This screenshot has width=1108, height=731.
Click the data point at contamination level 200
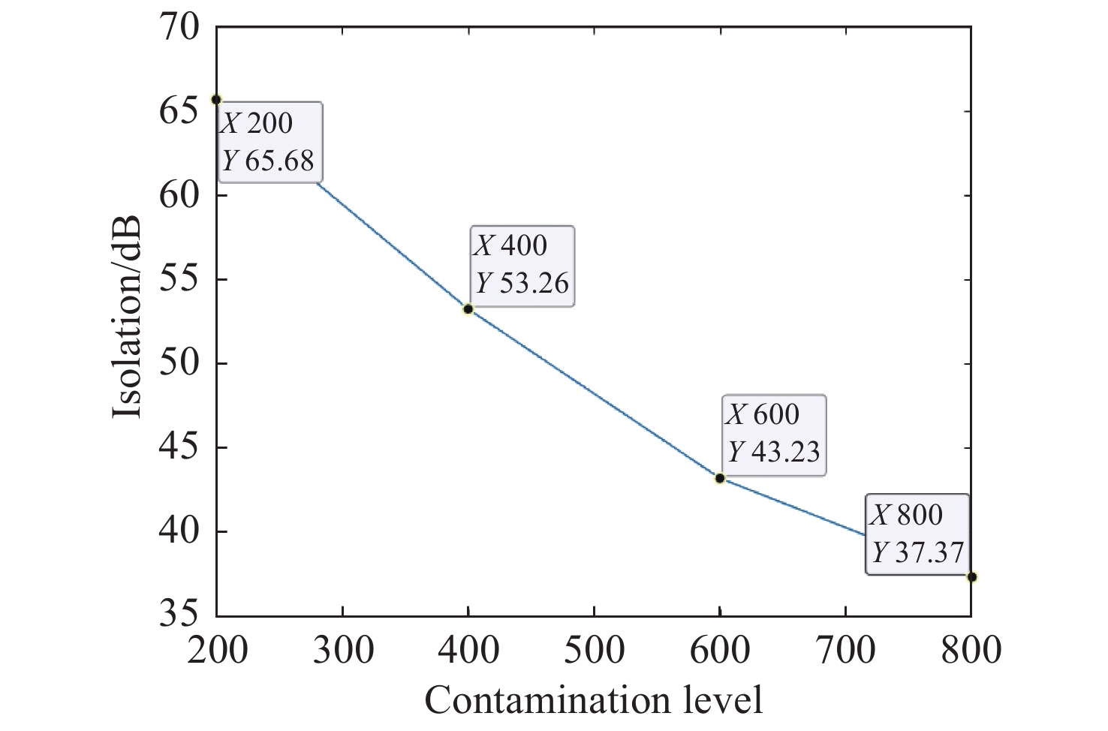(216, 99)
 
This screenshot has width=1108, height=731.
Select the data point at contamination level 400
(468, 308)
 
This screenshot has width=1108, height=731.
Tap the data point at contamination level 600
(720, 478)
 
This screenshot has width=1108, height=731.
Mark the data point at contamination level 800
(971, 576)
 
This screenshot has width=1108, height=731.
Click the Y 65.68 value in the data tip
(268, 161)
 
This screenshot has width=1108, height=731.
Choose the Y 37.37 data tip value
(917, 553)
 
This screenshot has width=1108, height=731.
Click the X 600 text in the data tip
(763, 414)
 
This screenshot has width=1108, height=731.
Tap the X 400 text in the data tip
(510, 245)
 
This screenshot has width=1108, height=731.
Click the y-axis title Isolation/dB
(128, 319)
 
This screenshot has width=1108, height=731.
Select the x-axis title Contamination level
(593, 700)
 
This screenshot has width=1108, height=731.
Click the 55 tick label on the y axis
(179, 280)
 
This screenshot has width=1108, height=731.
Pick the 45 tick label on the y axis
(179, 448)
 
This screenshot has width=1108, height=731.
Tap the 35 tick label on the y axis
(179, 615)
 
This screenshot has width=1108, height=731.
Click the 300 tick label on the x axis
(343, 650)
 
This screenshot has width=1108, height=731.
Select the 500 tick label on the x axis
(594, 650)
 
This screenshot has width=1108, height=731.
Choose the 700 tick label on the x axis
(845, 650)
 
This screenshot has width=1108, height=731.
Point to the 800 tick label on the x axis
(971, 650)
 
